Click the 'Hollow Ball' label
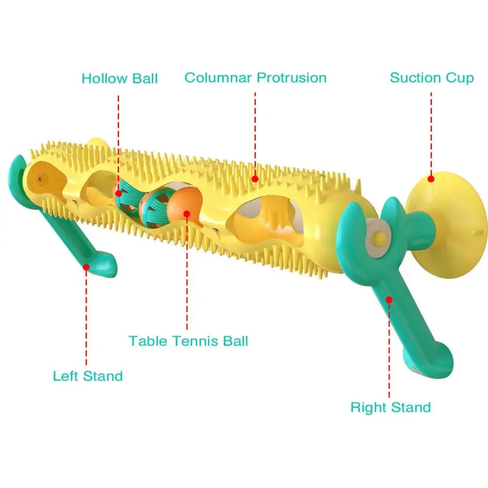[120, 78]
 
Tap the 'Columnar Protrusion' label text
[255, 78]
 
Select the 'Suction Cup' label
[431, 78]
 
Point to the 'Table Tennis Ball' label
[188, 341]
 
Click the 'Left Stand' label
[88, 376]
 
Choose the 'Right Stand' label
[390, 407]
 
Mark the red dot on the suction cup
[430, 179]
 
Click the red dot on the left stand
[86, 266]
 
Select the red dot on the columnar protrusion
[255, 179]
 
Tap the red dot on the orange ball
[186, 213]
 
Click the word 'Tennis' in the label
[196, 341]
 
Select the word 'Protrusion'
[291, 78]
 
